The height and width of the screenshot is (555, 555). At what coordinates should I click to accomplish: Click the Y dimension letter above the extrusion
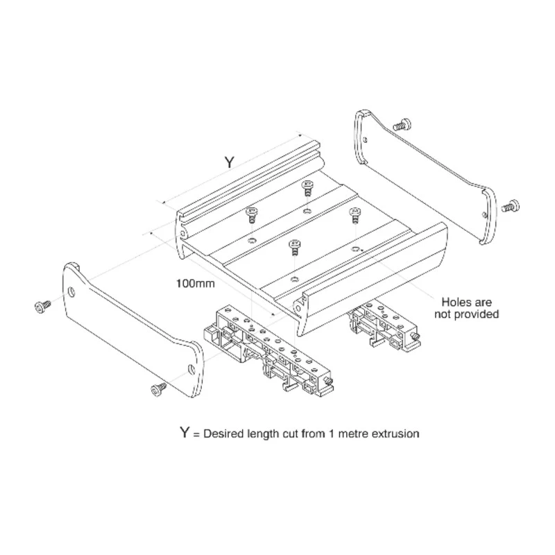[x=230, y=162]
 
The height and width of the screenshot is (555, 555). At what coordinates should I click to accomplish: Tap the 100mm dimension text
[x=196, y=284]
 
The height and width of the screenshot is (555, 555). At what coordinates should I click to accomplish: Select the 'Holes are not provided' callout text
[x=466, y=308]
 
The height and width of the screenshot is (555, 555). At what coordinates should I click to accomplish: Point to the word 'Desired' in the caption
[x=223, y=434]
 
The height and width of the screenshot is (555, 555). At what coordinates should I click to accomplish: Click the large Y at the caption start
[x=185, y=432]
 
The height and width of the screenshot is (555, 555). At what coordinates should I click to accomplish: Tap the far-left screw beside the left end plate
[x=42, y=307]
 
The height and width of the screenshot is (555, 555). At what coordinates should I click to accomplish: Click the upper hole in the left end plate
[x=72, y=291]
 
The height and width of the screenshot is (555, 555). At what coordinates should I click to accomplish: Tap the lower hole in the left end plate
[x=191, y=370]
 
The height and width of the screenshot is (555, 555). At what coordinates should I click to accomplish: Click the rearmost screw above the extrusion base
[x=307, y=187]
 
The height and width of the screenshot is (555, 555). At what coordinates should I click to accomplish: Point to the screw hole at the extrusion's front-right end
[x=298, y=309]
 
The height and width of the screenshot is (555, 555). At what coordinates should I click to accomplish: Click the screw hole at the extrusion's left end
[x=182, y=234]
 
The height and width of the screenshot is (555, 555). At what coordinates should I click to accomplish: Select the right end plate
[x=425, y=177]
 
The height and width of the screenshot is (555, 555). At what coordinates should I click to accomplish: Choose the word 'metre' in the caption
[x=355, y=434]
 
